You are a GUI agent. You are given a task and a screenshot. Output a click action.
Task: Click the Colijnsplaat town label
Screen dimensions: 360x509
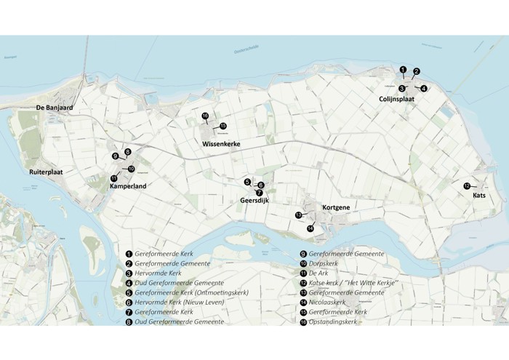396,99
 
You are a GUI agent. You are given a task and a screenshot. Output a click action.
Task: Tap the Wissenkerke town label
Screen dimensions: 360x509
221,144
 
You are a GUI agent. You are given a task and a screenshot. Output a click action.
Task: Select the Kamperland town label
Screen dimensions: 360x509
128,186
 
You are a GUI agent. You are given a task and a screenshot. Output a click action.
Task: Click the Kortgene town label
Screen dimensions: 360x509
336,208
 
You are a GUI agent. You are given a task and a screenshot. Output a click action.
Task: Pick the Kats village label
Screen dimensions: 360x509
479,196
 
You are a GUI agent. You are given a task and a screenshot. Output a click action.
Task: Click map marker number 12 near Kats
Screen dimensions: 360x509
467,186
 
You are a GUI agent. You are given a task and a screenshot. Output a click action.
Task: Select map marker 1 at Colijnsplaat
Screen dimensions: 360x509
403,69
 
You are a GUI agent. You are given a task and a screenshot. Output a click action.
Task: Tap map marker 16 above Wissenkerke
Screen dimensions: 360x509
205,116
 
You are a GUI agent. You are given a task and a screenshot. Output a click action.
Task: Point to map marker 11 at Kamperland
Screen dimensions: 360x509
114,178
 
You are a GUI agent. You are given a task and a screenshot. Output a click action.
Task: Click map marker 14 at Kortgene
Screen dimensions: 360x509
310,229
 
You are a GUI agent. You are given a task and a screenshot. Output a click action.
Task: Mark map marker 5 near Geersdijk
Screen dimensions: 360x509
247,182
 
